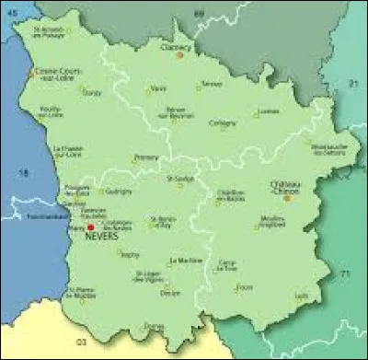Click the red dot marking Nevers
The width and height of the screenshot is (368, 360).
point(91,226)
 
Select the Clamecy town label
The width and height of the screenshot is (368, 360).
point(177,46)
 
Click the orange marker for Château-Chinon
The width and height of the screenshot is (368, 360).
point(287,196)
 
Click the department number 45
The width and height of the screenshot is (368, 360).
point(11,12)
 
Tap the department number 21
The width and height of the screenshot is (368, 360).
point(351,84)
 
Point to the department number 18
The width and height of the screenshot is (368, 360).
point(25,172)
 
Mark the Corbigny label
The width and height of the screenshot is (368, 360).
point(223,122)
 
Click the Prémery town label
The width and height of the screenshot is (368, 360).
point(145,157)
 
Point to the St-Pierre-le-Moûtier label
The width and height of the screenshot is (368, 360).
point(82,293)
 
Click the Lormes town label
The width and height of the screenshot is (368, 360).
point(269,112)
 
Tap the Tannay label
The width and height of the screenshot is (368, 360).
point(211,84)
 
